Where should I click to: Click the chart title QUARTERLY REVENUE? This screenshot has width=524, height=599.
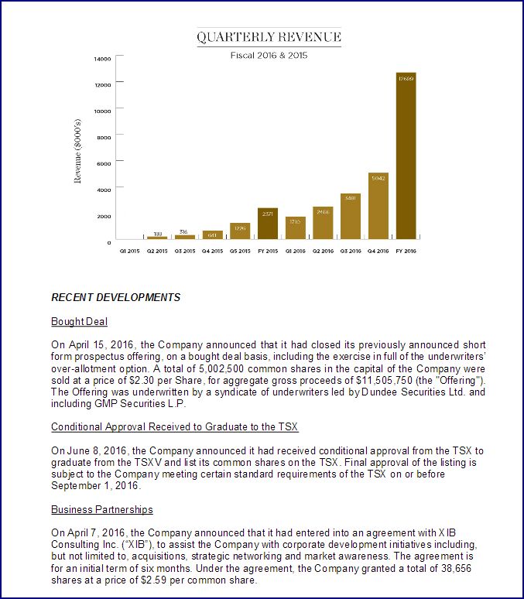[x=269, y=37]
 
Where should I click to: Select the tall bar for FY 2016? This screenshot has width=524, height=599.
[x=406, y=155]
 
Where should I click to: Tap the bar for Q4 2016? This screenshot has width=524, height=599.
[x=378, y=206]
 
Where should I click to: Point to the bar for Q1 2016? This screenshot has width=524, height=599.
[x=295, y=228]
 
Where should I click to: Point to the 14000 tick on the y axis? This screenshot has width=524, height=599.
[x=103, y=58]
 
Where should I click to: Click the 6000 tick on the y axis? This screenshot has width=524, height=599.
[x=104, y=163]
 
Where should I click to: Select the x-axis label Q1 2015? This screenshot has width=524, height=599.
[x=128, y=251]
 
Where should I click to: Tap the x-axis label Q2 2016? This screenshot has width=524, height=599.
[x=323, y=251]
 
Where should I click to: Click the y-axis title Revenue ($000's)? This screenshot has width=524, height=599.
[x=77, y=150]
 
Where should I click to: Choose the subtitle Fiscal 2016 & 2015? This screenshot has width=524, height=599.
[x=269, y=55]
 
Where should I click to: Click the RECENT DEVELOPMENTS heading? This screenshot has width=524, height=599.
[x=115, y=297]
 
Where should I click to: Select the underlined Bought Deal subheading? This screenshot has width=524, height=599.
[x=79, y=321]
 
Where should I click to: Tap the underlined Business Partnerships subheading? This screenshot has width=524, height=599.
[x=101, y=509]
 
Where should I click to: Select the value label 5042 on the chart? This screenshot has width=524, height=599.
[x=378, y=178]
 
